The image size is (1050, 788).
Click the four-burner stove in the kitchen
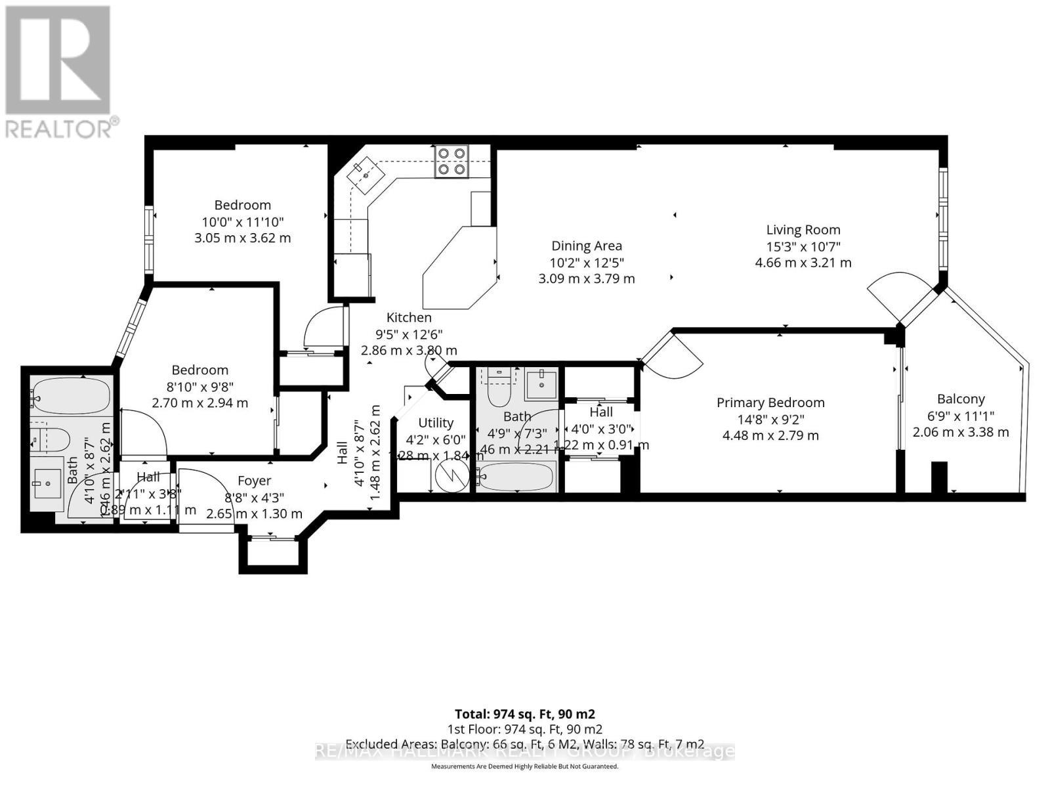pyautogui.click(x=452, y=161)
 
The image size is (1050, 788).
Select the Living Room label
pyautogui.click(x=803, y=230)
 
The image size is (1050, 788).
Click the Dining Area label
pyautogui.click(x=586, y=246)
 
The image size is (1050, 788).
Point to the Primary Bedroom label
pyautogui.click(x=770, y=403)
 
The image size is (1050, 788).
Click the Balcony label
pyautogui.click(x=961, y=399)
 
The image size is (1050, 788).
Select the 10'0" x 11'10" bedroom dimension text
pyautogui.click(x=242, y=222)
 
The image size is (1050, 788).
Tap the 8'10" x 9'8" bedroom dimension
pyautogui.click(x=199, y=387)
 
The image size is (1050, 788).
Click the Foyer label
pyautogui.click(x=254, y=481)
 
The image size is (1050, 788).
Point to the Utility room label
pyautogui.click(x=436, y=423)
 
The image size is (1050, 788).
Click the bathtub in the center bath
pyautogui.click(x=516, y=475)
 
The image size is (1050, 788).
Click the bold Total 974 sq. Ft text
pyautogui.click(x=524, y=714)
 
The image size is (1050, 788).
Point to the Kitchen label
pyautogui.click(x=408, y=318)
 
